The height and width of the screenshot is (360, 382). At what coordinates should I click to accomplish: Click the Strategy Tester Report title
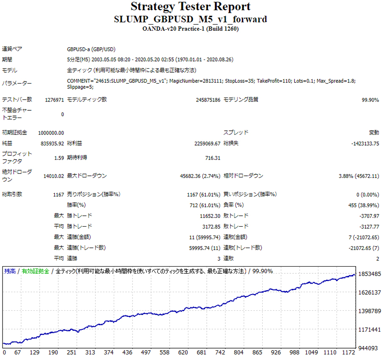[x=191, y=7]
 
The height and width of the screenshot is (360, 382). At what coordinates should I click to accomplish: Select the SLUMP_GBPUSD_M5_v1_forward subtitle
[x=191, y=20]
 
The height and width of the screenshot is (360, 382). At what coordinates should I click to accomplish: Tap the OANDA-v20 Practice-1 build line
[x=191, y=29]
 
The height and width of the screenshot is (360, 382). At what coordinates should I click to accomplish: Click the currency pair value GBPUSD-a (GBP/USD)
[x=91, y=49]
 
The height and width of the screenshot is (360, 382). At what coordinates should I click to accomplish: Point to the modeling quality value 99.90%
[x=370, y=100]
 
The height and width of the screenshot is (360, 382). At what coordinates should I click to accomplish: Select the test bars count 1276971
[x=54, y=100]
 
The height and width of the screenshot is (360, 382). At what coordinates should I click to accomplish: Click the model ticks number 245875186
[x=202, y=100]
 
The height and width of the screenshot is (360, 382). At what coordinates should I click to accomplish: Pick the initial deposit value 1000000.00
[x=51, y=133]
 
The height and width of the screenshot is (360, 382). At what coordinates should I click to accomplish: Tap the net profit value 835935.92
[x=51, y=143]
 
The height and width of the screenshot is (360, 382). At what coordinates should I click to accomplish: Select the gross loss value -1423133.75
[x=365, y=143]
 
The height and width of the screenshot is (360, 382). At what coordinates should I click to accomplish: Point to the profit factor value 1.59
[x=59, y=158]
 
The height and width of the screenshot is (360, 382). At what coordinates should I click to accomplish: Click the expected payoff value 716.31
[x=212, y=158]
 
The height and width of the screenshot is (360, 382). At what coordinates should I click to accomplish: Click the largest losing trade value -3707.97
[x=368, y=216]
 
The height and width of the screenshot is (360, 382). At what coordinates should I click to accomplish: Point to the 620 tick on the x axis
[x=183, y=353]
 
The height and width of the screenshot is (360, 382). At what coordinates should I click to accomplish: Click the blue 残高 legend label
[x=10, y=271]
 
